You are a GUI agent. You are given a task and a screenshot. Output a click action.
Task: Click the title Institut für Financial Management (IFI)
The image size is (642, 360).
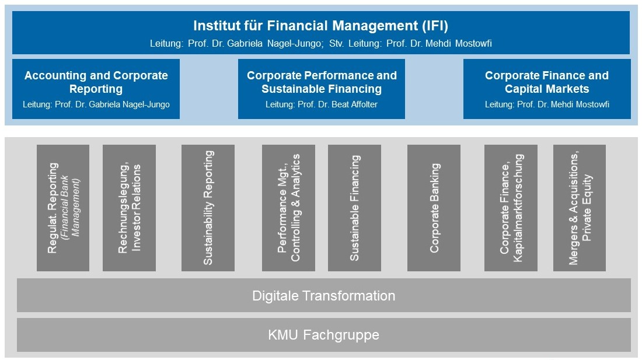coord(320,26)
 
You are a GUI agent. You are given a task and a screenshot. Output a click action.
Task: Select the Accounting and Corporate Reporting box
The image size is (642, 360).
coord(96,89)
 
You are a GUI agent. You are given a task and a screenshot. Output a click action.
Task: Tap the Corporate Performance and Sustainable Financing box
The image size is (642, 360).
coord(322,89)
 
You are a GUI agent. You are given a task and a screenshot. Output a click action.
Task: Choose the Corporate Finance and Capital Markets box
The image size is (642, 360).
coord(547,89)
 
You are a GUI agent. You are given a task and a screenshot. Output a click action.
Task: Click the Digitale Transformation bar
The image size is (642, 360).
coord(324,295)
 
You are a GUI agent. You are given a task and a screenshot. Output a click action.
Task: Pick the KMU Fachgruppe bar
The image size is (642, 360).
coord(324,335)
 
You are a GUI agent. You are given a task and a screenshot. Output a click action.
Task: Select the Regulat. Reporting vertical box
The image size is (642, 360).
coord(63,208)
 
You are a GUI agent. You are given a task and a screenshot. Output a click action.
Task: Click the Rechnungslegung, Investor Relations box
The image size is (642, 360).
coord(130,208)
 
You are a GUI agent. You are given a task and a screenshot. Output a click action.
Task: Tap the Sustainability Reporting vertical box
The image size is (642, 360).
coord(208,208)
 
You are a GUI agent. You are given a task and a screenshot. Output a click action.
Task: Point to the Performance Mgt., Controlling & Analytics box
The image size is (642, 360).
coord(289,208)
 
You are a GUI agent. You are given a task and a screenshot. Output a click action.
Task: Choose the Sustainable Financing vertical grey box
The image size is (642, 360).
coord(355,208)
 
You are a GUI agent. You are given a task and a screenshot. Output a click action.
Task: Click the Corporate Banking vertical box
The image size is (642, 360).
coord(434,208)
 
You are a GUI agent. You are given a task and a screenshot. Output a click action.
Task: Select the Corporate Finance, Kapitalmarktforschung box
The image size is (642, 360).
coord(511,208)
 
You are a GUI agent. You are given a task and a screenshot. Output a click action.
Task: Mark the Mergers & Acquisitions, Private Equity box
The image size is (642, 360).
coord(580,208)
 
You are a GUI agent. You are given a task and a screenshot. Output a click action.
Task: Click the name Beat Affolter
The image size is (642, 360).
coord(355,104)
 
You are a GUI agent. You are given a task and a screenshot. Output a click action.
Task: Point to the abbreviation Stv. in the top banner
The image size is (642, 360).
coord(337,43)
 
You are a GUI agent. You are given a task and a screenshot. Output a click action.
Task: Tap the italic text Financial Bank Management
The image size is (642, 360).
coord(69,208)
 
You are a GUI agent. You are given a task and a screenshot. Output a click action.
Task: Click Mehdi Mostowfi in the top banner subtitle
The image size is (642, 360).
coord(459,43)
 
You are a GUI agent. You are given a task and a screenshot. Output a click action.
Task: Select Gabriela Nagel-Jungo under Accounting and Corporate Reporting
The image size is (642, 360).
coord(129,104)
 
